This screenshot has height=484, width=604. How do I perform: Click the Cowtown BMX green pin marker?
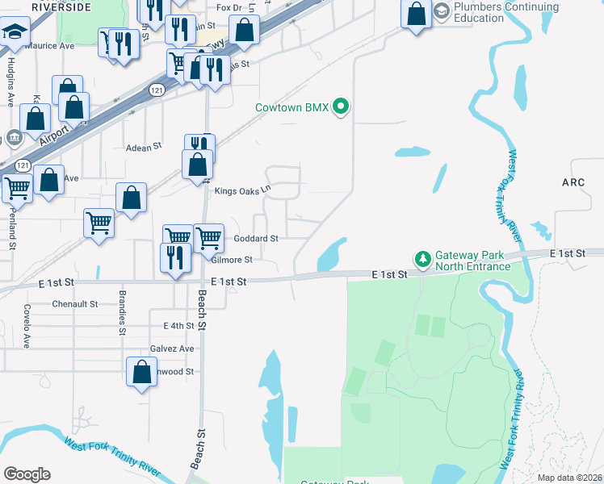[341, 106]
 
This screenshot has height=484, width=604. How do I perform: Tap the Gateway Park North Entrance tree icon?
[421, 259]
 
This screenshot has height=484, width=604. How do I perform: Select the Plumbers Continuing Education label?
[506, 13]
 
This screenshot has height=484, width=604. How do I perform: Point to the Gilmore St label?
[232, 260]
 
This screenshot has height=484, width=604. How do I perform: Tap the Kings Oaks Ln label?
[241, 191]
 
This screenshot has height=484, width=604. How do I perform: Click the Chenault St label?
[74, 304]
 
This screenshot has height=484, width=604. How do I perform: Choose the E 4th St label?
[178, 326]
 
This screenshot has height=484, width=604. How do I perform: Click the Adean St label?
[145, 148]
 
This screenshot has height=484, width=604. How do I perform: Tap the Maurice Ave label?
[49, 46]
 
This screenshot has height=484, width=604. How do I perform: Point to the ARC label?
[573, 182]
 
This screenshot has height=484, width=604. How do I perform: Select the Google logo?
[27, 474]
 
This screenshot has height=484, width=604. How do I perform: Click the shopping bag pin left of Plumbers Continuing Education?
[416, 15]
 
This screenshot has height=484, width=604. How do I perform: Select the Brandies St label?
[123, 312]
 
